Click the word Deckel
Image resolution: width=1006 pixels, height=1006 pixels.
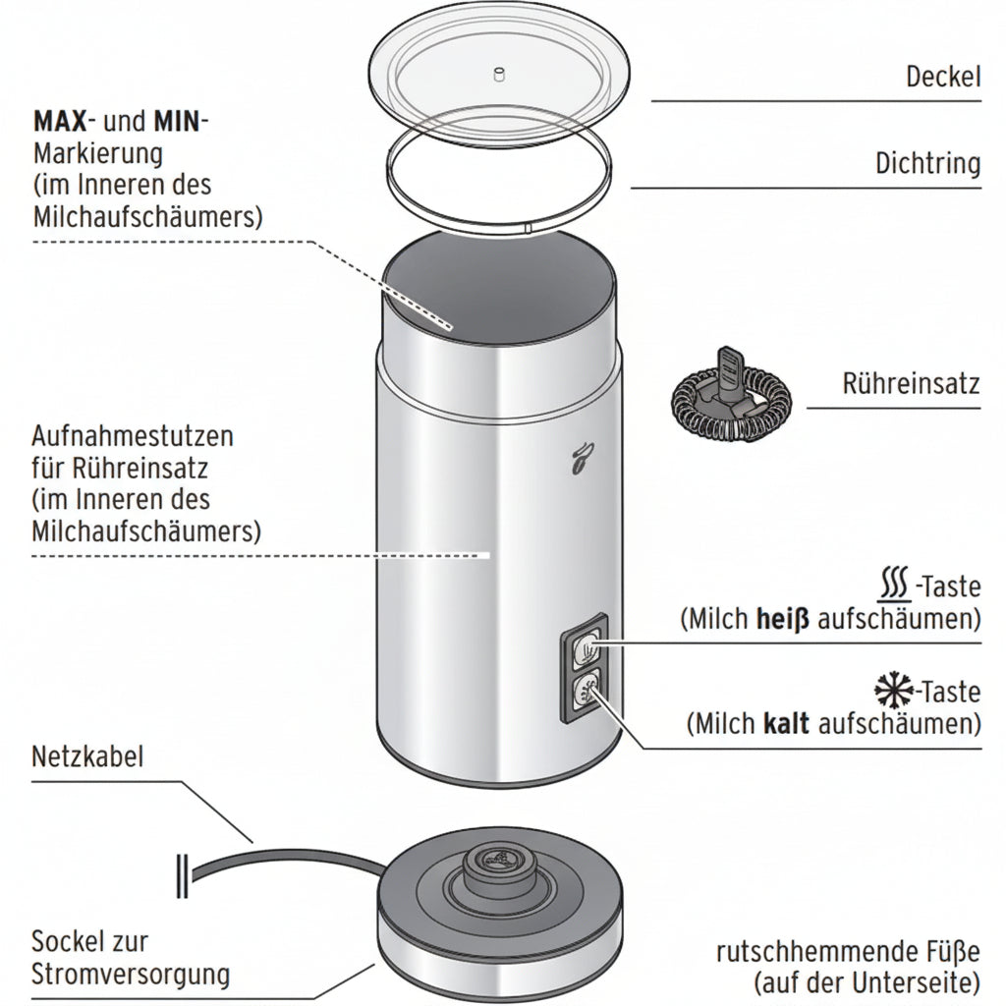click(943, 77)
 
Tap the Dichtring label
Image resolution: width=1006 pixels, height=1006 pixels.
click(927, 164)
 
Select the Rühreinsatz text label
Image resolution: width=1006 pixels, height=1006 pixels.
click(911, 384)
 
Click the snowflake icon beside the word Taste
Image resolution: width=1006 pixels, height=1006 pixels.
click(894, 691)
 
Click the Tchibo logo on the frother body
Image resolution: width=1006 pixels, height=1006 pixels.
click(581, 458)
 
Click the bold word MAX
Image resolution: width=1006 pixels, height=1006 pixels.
click(60, 121)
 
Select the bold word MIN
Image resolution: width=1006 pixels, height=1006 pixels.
click(177, 121)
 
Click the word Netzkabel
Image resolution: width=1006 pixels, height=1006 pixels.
click(87, 757)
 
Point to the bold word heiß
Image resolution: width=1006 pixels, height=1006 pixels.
click(783, 619)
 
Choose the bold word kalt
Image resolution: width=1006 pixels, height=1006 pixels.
click(786, 724)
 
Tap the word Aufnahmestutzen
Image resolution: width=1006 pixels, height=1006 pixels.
click(133, 437)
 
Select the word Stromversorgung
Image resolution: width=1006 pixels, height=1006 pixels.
click(131, 975)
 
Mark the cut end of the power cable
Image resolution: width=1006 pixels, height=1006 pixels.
click(182, 875)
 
